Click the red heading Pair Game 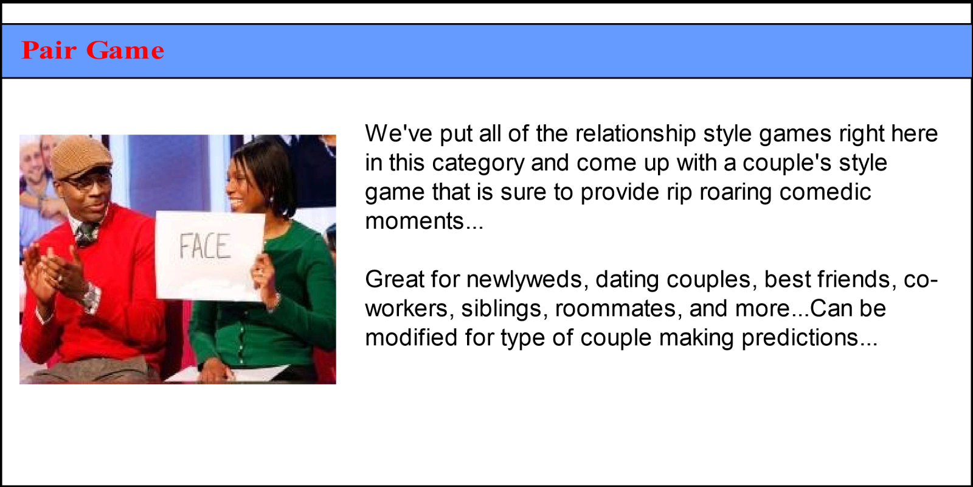point(93,51)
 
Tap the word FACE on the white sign point(204,246)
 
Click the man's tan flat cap point(81,158)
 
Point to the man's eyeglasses point(87,181)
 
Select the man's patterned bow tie point(88,233)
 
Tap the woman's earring point(272,200)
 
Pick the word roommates point(615,309)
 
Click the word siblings point(501,309)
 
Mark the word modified point(411,337)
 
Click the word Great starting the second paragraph point(395,279)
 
